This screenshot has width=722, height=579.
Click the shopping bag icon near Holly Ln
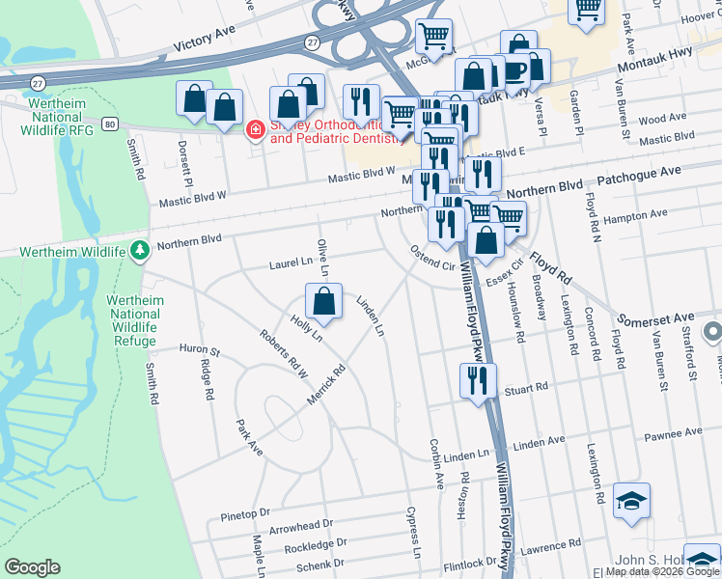[x=325, y=300]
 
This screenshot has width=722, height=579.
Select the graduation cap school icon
[x=631, y=500]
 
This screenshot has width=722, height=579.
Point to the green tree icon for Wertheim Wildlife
[x=140, y=251]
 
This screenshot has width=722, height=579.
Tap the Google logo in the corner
[x=32, y=567]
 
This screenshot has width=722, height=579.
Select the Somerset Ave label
[x=655, y=317]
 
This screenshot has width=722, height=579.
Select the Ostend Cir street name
[x=432, y=258]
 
